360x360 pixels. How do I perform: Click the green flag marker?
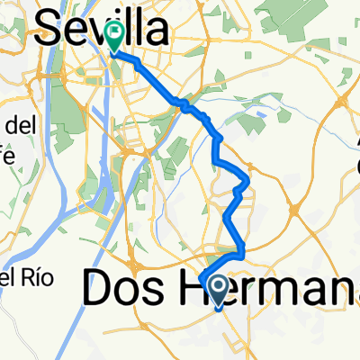click(x=115, y=37)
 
